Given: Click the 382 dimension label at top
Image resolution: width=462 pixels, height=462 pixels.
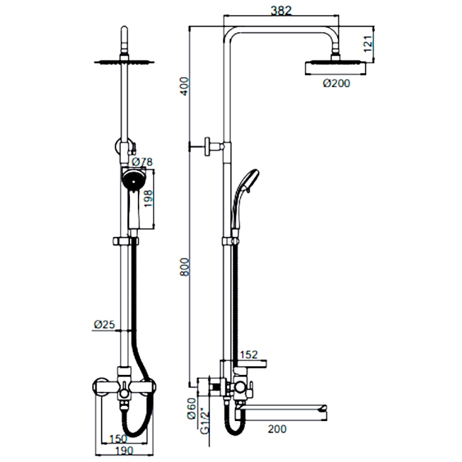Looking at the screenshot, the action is (x=281, y=10).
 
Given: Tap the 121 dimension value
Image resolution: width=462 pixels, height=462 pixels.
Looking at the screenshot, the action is (x=368, y=44).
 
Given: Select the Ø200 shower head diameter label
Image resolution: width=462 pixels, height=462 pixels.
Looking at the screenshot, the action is (x=337, y=83).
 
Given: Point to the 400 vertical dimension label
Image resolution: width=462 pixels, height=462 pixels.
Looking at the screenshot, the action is (x=185, y=85).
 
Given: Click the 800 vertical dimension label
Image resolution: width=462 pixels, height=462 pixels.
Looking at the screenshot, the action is (x=185, y=267).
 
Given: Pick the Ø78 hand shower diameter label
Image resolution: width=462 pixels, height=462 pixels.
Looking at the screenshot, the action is (x=142, y=162).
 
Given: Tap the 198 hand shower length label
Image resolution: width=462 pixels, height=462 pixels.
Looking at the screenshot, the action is (x=148, y=198).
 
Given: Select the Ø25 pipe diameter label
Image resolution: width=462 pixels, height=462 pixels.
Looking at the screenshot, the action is (x=105, y=325).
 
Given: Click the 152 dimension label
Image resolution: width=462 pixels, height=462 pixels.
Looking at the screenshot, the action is (x=249, y=355).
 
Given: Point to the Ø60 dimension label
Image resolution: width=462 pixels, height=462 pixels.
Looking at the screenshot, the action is (x=192, y=408).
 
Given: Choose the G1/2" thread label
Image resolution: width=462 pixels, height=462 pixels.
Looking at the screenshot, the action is (x=204, y=421).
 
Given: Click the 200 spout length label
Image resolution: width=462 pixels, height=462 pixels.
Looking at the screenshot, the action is (x=277, y=429).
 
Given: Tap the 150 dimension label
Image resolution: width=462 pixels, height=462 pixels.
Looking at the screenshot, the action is (x=118, y=439).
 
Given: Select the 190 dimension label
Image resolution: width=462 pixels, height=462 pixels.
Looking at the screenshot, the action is (x=124, y=450).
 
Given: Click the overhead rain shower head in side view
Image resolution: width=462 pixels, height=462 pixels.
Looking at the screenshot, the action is (x=336, y=68).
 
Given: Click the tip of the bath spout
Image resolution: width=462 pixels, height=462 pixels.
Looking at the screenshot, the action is (x=326, y=408).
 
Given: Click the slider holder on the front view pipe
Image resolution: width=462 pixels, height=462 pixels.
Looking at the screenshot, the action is (x=126, y=241).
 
